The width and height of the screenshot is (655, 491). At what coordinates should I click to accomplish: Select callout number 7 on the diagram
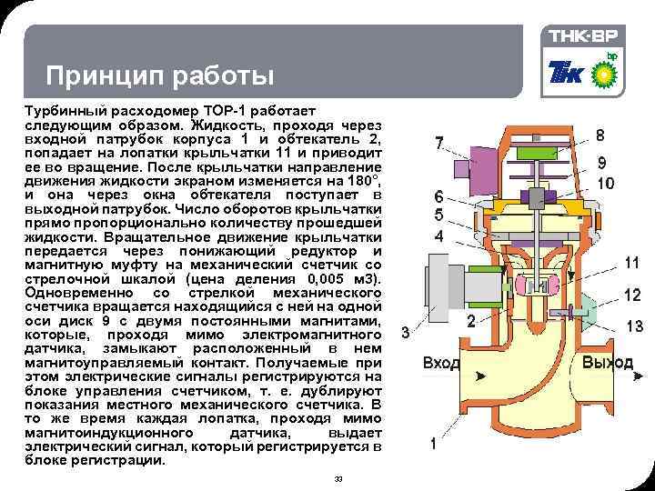438,144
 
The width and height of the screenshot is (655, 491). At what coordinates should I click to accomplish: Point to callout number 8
600,135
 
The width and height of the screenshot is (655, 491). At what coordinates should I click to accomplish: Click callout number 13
636,326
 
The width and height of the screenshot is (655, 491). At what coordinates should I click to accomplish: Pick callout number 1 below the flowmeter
434,446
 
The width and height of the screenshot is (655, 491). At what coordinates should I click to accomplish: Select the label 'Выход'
607,362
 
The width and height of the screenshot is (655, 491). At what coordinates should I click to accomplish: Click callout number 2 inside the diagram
471,320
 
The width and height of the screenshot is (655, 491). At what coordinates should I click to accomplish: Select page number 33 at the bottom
338,478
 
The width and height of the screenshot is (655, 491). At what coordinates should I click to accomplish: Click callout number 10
605,183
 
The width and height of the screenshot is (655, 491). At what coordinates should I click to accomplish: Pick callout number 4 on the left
438,235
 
